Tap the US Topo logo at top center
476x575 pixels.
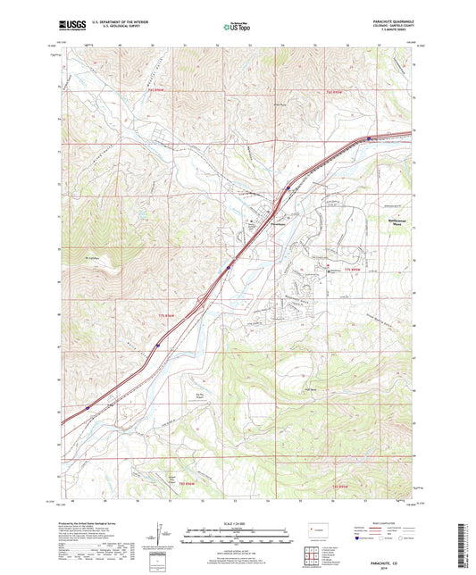pyautogui.click(x=235, y=27)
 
